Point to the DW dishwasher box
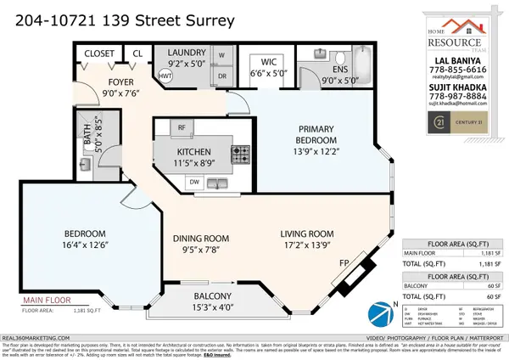coord(195,182)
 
